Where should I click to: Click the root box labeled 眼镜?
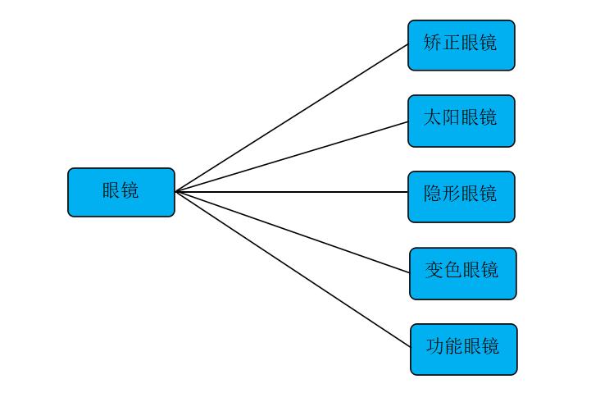pyautogui.click(x=120, y=192)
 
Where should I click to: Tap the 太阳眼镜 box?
pyautogui.click(x=461, y=121)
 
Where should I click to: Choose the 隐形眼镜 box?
pyautogui.click(x=461, y=196)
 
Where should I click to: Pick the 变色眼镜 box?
pyautogui.click(x=462, y=272)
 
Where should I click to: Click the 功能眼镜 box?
pyautogui.click(x=463, y=349)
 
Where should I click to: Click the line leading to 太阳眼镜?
pyautogui.click(x=291, y=157)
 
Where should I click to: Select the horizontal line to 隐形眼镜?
pyautogui.click(x=291, y=192)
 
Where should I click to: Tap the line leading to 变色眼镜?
pyautogui.click(x=293, y=232)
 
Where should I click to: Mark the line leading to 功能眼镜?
pyautogui.click(x=293, y=270)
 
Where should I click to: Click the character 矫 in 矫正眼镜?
pyautogui.click(x=433, y=43)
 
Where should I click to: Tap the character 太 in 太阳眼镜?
pyautogui.click(x=433, y=117)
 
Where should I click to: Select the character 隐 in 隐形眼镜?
pyautogui.click(x=433, y=194)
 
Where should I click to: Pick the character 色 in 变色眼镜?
pyautogui.click(x=453, y=270)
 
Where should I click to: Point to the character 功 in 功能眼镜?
pyautogui.click(x=435, y=346)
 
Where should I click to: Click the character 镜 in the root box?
pyautogui.click(x=130, y=190)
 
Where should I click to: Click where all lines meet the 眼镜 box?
pyautogui.click(x=175, y=192)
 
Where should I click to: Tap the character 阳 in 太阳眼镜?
pyautogui.click(x=452, y=117)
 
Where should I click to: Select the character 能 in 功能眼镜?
pyautogui.click(x=454, y=346)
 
